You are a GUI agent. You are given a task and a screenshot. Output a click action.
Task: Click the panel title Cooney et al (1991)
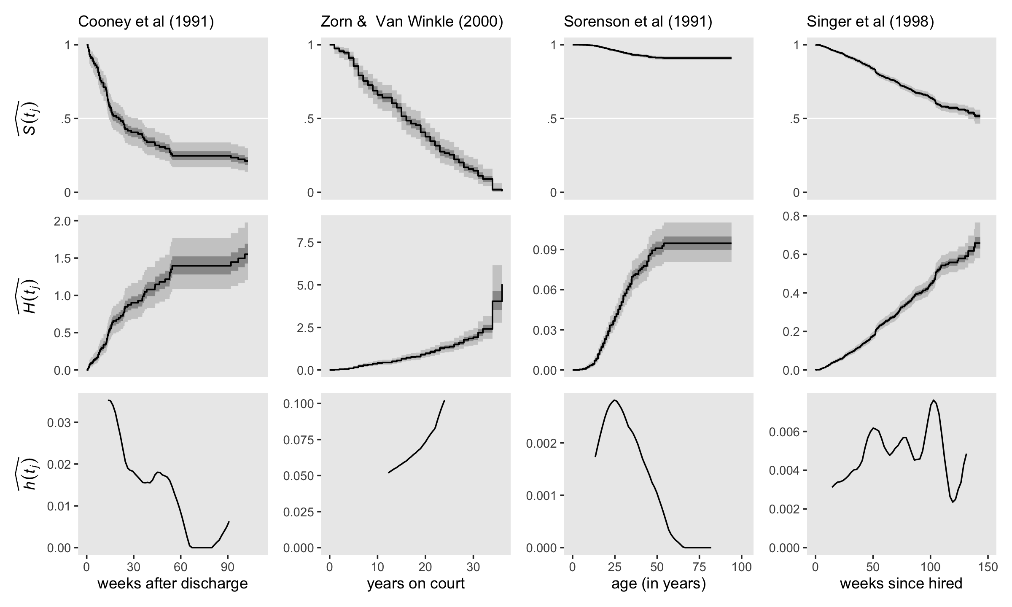click(146, 22)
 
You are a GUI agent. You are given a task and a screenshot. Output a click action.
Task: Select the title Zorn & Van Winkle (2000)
click(412, 22)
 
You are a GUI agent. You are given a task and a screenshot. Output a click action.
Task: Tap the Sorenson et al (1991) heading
click(638, 22)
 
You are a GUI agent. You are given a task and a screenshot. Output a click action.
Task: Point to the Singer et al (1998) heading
click(870, 22)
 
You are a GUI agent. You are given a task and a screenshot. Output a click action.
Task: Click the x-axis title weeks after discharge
click(172, 583)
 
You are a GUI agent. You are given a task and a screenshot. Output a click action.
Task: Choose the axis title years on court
click(416, 583)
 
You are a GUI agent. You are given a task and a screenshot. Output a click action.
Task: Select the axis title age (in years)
click(659, 583)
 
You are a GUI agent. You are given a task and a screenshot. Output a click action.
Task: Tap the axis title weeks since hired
click(901, 583)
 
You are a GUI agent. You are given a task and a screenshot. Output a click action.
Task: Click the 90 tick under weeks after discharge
click(228, 567)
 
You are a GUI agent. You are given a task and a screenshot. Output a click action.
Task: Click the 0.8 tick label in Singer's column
click(791, 216)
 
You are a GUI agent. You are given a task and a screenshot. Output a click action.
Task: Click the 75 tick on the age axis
click(700, 567)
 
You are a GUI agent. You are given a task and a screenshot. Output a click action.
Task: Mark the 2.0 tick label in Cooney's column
click(62, 221)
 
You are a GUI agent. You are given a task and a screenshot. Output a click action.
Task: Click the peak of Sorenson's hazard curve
click(615, 400)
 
